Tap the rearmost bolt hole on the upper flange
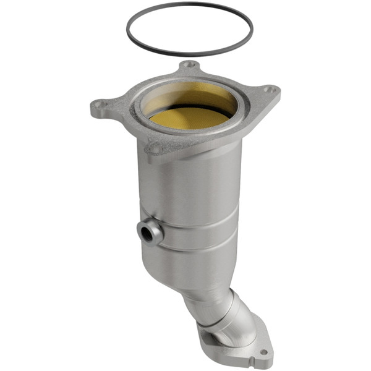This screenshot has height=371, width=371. coord(190,64)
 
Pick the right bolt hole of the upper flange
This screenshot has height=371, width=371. coord(268,90)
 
